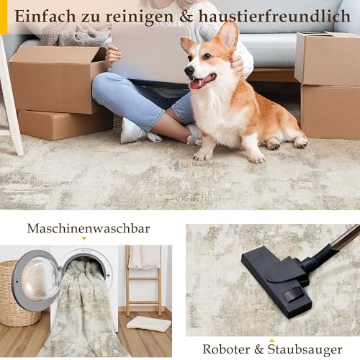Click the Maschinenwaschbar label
[x=89, y=228]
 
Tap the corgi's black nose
[x=187, y=71]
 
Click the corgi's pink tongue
[x=194, y=84]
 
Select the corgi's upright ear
[x=228, y=35]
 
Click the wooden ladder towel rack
[x=144, y=281]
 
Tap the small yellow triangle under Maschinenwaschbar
[x=84, y=238]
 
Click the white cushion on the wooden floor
[x=148, y=324]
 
